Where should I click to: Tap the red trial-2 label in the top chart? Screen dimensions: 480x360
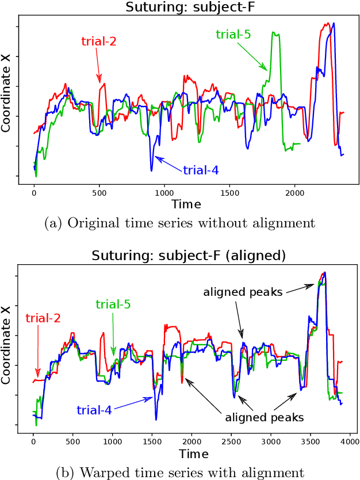98,41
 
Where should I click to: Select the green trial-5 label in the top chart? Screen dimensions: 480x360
233,35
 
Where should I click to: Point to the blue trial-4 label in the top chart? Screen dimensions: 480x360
201,170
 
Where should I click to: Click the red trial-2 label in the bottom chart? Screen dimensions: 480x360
43,318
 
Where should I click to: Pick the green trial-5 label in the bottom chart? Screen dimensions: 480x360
113,304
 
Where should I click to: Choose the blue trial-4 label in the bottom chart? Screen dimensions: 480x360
94,410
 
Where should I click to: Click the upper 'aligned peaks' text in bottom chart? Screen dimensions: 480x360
243,292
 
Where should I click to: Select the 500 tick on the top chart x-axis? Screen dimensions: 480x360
99,193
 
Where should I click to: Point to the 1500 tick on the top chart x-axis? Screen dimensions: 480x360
229,193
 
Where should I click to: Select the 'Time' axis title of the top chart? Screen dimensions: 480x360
187,204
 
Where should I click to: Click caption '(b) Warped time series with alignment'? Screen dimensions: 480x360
180,473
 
